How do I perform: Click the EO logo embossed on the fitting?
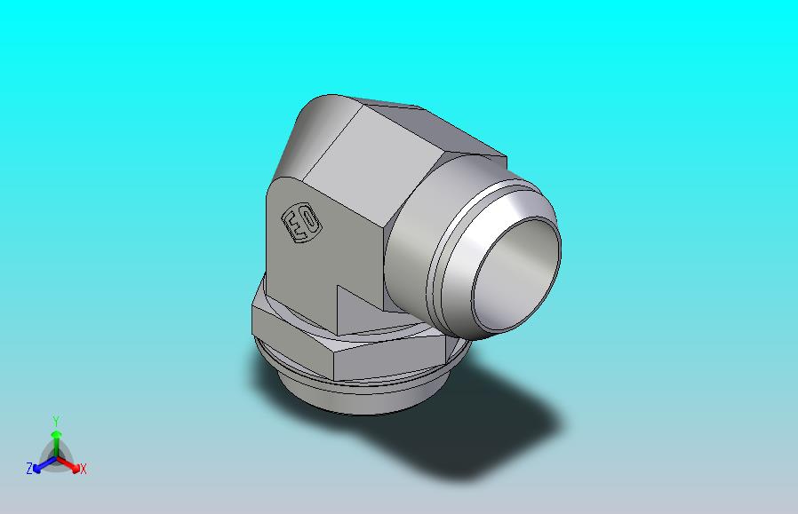point(301,224)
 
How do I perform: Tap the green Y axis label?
point(56,421)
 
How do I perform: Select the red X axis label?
point(84,469)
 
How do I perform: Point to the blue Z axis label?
point(29,468)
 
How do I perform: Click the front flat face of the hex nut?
point(389,360)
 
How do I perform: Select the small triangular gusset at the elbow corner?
point(359,309)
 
